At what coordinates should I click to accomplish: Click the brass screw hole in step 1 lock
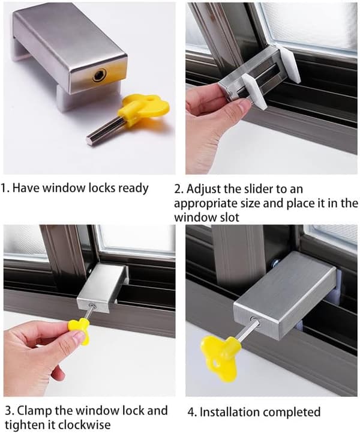click(99, 75)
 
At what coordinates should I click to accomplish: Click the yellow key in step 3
click(79, 330)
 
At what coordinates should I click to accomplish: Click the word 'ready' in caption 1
click(134, 189)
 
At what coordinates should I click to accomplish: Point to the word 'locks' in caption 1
click(101, 188)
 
